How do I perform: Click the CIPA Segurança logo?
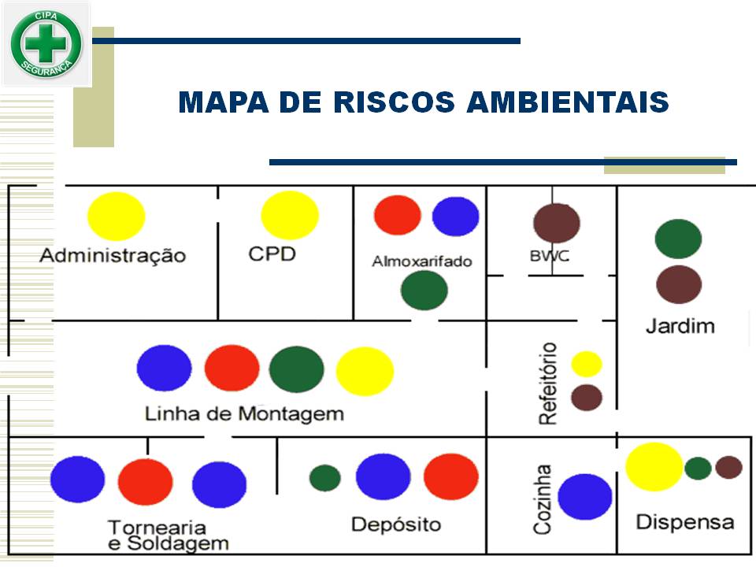coord(46,43)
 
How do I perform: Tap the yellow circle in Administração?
coord(117,216)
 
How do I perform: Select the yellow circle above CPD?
coord(290,215)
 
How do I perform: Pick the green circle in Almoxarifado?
coord(424,290)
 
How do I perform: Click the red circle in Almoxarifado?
coord(398,215)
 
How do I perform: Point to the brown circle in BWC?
coord(557,223)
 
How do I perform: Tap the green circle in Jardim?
coord(678,239)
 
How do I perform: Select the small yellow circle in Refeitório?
coord(587,364)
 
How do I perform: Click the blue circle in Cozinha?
coord(585,497)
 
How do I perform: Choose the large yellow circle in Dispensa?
coord(654,467)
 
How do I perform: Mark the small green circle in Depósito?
coord(325,478)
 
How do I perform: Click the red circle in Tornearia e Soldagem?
coord(146,482)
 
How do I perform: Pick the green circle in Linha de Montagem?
coord(297,369)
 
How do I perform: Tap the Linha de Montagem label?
coord(244,413)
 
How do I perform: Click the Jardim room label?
coord(680,325)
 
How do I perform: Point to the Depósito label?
coord(396,524)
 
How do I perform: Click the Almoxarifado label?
coord(422,261)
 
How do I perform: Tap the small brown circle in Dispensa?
coord(729,468)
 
